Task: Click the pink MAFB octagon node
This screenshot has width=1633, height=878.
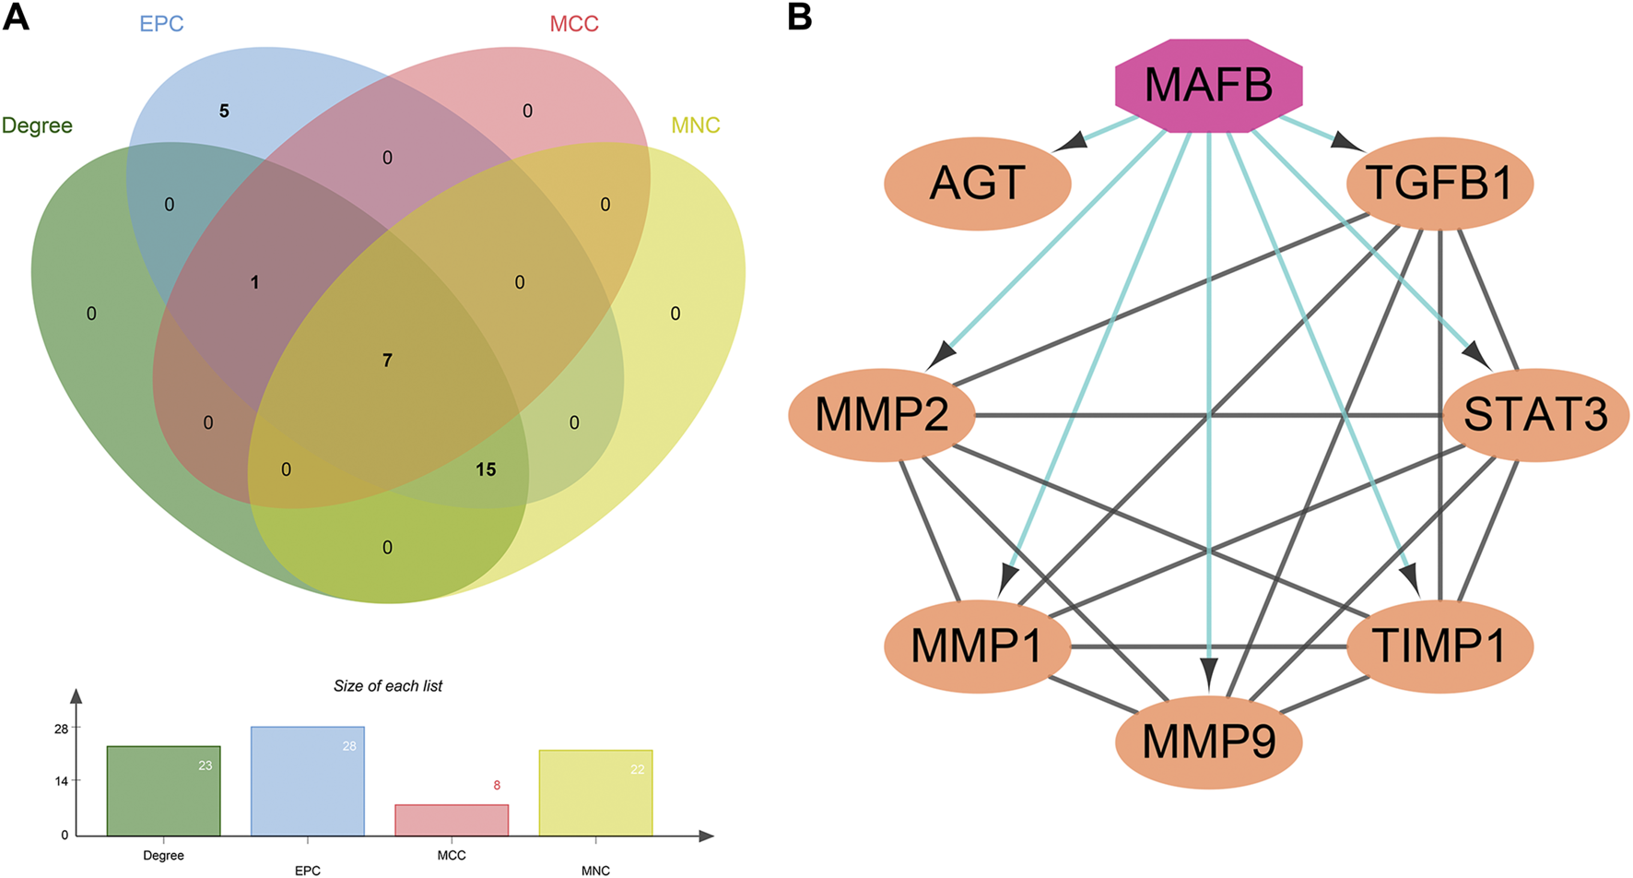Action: (x=1208, y=86)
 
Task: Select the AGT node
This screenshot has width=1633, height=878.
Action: (x=977, y=184)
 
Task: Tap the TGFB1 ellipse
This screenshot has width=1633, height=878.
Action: (x=1439, y=184)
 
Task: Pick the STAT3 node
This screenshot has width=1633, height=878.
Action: (x=1535, y=415)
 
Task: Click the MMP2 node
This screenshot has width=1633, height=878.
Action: (x=882, y=415)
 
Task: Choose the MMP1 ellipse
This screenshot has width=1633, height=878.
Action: (x=977, y=646)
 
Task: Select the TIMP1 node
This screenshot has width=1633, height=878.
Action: (x=1439, y=646)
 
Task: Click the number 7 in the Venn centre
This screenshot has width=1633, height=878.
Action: (x=387, y=361)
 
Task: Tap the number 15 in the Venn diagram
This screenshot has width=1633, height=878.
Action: (x=486, y=470)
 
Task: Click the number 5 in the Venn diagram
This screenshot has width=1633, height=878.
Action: (x=224, y=112)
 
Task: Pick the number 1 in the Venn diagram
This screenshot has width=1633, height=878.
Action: (x=255, y=283)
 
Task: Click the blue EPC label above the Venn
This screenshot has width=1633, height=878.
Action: (x=161, y=24)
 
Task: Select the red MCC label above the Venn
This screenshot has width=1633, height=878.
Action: (x=574, y=24)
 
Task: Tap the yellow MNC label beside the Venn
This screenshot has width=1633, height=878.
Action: (x=695, y=125)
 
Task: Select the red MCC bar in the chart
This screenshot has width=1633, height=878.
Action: (x=452, y=820)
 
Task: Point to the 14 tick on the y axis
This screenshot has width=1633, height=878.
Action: (x=62, y=781)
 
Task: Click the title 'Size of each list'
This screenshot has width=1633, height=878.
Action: (x=388, y=686)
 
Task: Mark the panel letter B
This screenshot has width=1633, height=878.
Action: (x=799, y=17)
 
